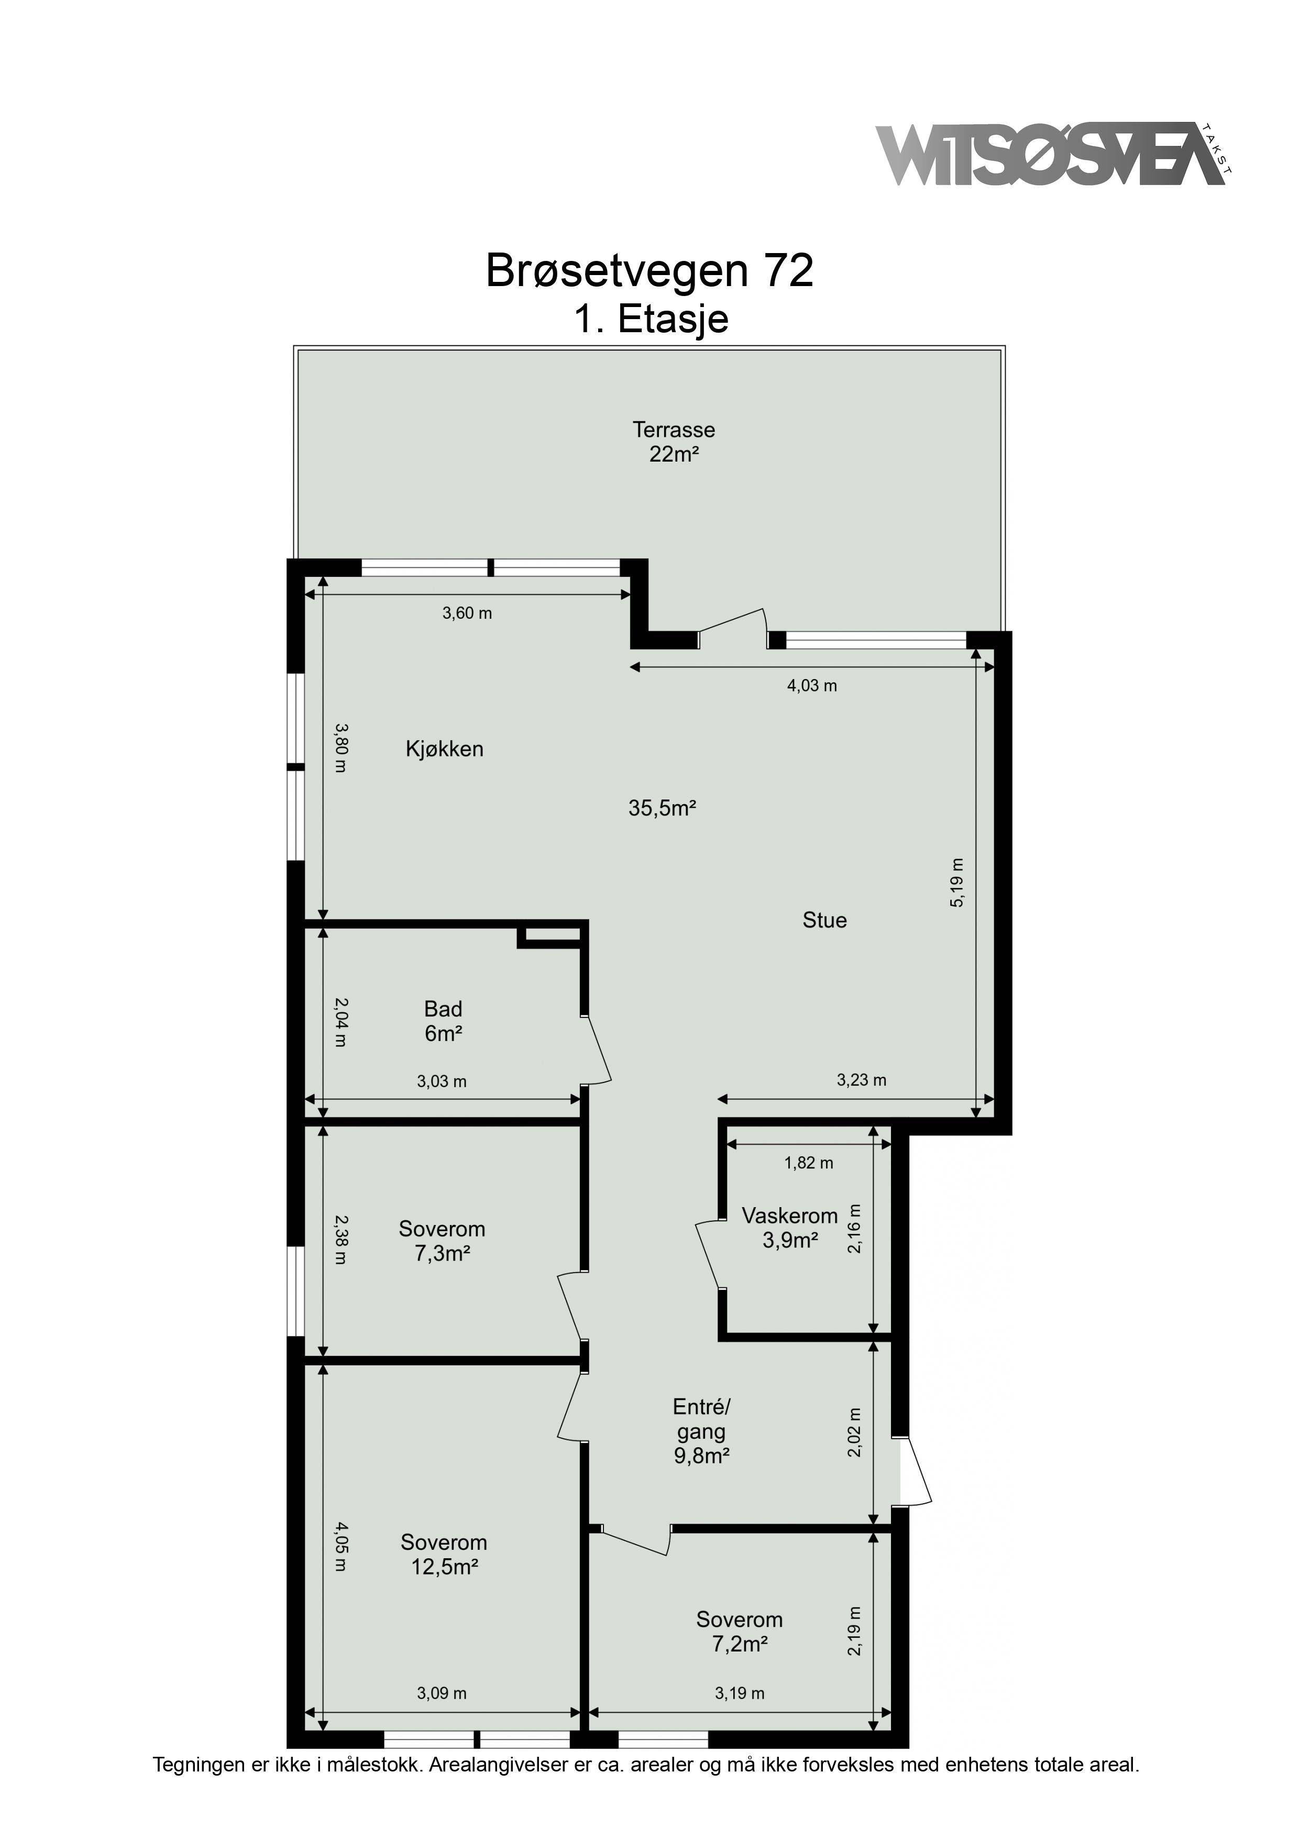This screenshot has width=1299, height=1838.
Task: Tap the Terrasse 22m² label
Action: coord(674,442)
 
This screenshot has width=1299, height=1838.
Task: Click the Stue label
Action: coord(824,921)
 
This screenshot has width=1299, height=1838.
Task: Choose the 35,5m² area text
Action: coord(662,808)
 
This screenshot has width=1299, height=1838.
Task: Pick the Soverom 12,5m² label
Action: coord(444,1554)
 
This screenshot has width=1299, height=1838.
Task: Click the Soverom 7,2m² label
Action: coord(740,1632)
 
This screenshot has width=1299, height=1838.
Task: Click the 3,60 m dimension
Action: coord(467,614)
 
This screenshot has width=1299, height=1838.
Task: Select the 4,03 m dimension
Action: coord(812,685)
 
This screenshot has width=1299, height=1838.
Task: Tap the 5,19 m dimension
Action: coord(957,882)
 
